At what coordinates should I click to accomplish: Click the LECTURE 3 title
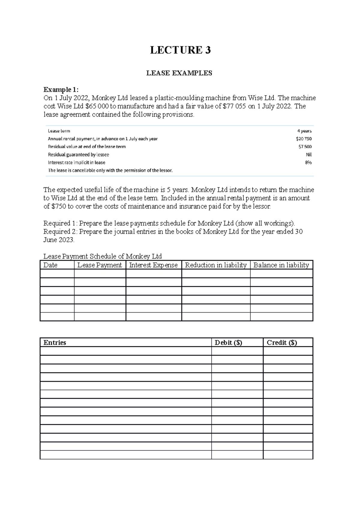pyautogui.click(x=180, y=50)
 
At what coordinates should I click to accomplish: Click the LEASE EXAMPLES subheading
pyautogui.click(x=179, y=73)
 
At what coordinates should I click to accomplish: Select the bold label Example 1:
pyautogui.click(x=61, y=90)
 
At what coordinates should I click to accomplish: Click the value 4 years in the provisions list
pyautogui.click(x=304, y=131)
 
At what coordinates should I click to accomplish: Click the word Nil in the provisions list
pyautogui.click(x=308, y=155)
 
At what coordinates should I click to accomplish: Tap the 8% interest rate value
pyautogui.click(x=308, y=162)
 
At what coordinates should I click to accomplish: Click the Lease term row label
pyautogui.click(x=59, y=131)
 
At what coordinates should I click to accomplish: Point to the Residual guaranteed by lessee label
pyautogui.click(x=78, y=155)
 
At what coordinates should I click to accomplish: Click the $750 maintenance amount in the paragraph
pyautogui.click(x=59, y=207)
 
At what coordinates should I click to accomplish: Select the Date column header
pyautogui.click(x=50, y=265)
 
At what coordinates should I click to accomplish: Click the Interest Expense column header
pyautogui.click(x=153, y=265)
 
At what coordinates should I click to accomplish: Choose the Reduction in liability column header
pyautogui.click(x=216, y=265)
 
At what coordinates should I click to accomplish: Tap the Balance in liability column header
pyautogui.click(x=281, y=265)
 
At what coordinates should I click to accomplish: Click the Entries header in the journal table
pyautogui.click(x=55, y=343)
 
